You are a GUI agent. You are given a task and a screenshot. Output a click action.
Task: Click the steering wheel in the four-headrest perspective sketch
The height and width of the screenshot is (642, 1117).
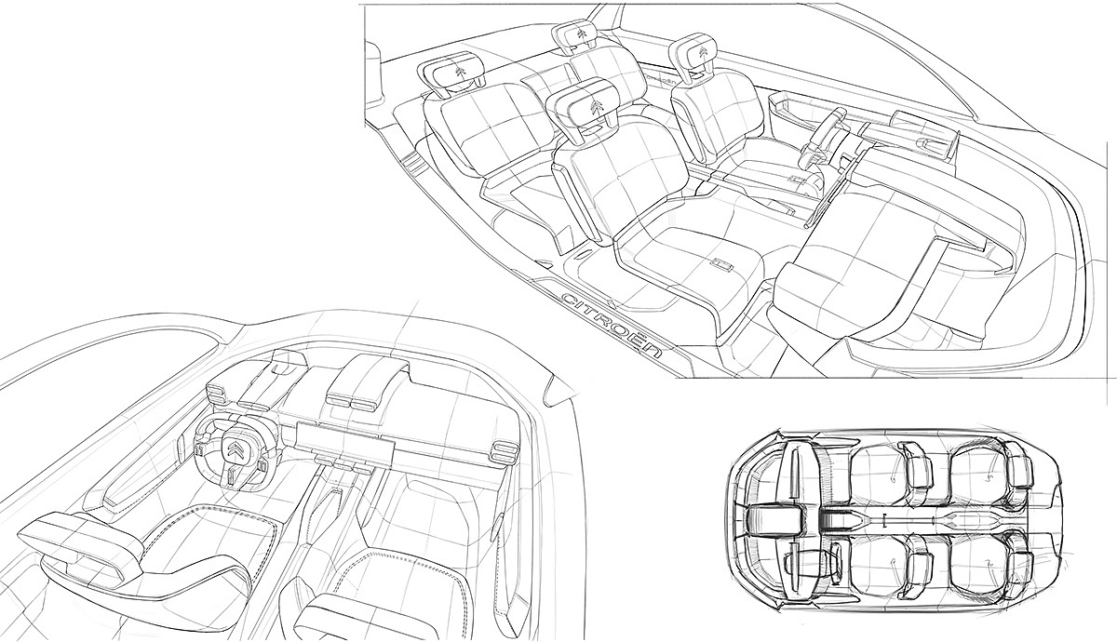pyautogui.click(x=828, y=131)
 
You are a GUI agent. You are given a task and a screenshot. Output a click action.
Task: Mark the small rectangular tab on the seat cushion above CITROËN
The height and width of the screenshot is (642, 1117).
pyautogui.click(x=723, y=266)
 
